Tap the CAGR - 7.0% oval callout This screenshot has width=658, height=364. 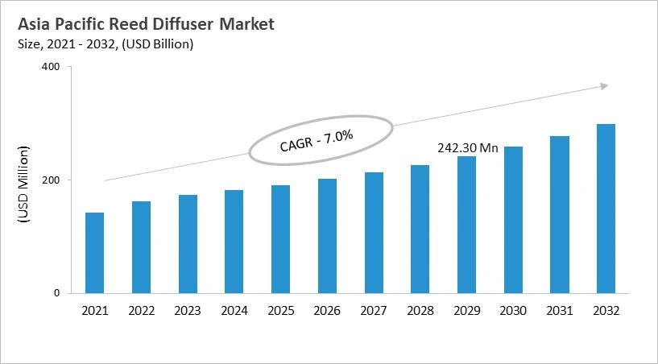click(x=321, y=141)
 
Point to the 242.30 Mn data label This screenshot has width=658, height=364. click(x=467, y=148)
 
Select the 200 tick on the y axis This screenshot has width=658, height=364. click(x=51, y=180)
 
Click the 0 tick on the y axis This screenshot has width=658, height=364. click(x=57, y=293)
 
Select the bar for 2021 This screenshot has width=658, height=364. click(x=95, y=253)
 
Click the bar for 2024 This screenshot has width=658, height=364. click(x=234, y=242)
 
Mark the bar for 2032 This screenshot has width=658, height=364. click(x=606, y=209)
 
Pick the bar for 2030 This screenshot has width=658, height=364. click(x=513, y=220)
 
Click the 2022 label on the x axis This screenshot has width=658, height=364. click(x=141, y=310)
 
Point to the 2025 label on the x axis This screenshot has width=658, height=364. click(x=280, y=310)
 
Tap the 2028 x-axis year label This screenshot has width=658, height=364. click(x=420, y=310)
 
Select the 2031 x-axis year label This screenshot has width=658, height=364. click(x=559, y=310)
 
